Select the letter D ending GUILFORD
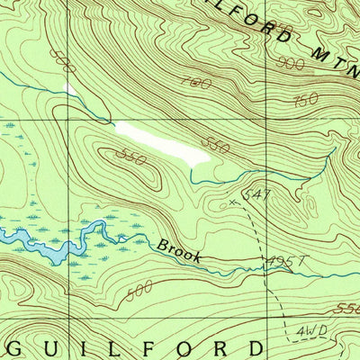point(256,348)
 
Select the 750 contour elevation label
point(306,99)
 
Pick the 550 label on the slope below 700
point(214,143)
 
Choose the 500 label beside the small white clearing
point(64,63)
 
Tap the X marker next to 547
point(232,203)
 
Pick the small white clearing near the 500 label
point(71,90)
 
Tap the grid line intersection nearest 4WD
point(267,319)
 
